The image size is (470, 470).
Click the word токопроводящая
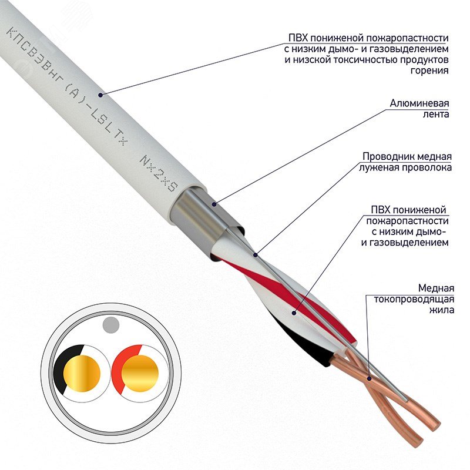click(x=414, y=299)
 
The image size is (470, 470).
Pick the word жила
click(x=441, y=310)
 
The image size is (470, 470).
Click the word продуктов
click(x=421, y=60)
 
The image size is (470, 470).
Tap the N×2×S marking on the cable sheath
click(x=158, y=172)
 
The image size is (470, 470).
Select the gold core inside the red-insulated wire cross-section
click(x=140, y=372)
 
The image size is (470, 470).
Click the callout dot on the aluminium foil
click(x=214, y=204)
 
